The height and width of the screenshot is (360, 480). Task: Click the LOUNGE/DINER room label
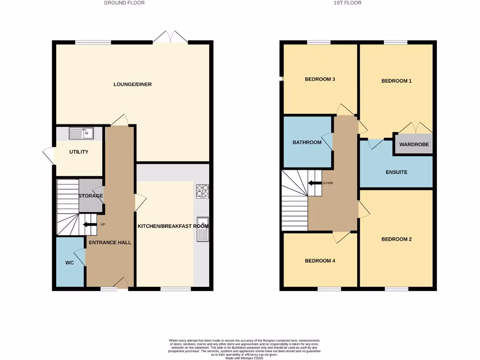[133, 84]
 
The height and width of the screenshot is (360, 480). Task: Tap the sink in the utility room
[81, 134]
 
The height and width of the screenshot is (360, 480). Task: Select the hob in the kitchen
[202, 191]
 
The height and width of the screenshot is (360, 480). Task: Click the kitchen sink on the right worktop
[202, 229]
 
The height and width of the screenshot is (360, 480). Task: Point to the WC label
[69, 263]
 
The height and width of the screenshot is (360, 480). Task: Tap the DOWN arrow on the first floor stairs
[315, 183]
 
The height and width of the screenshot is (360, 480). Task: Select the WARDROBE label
[414, 145]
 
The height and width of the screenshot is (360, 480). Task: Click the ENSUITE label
[397, 172]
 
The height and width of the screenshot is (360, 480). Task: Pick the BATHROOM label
[307, 142]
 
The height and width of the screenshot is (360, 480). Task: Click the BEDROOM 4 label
[320, 261]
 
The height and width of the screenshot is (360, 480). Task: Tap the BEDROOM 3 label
[320, 79]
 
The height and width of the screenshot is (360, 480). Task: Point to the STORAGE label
[90, 195]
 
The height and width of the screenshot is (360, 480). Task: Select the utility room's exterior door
[49, 155]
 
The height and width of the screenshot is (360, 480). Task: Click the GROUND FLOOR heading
[124, 3]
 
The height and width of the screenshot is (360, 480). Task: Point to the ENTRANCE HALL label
[110, 242]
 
